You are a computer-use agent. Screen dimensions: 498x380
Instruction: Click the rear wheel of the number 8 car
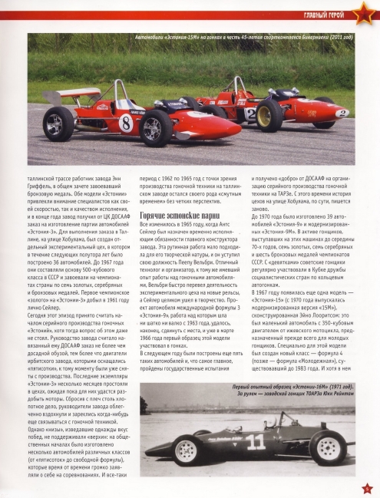(x=59, y=123)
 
